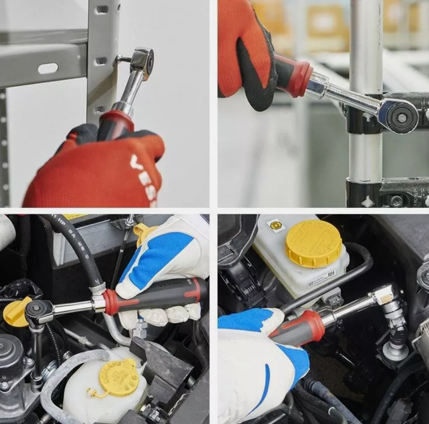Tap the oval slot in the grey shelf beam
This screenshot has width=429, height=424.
(48, 69)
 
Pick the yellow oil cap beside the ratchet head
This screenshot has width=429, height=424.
(15, 312)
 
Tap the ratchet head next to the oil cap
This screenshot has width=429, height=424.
(38, 311)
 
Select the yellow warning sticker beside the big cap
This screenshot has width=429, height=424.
(276, 226)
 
